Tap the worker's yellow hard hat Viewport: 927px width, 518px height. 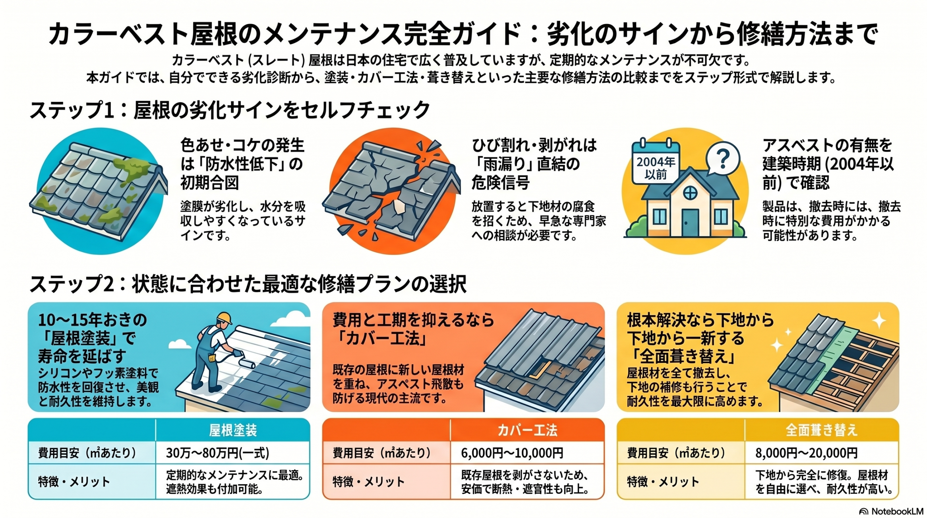click(225, 318)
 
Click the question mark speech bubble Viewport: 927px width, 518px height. click(722, 158)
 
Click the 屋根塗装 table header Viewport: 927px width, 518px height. click(233, 430)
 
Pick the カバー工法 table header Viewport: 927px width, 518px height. click(527, 430)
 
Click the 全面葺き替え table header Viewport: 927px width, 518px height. click(822, 430)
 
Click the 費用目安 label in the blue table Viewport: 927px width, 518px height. click(87, 453)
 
